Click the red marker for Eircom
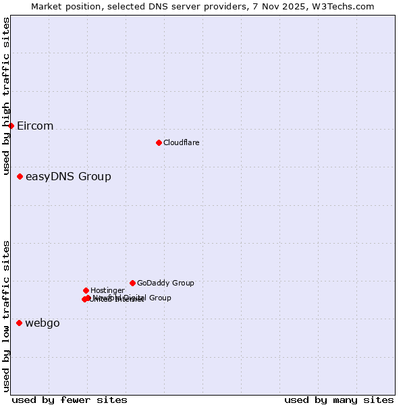(11, 126)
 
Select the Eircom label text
(35, 126)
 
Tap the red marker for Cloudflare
(159, 142)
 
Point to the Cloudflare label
(181, 143)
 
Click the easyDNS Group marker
(20, 176)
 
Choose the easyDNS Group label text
(68, 177)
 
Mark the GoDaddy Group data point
(132, 283)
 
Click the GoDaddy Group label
(165, 283)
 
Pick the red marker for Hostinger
(86, 290)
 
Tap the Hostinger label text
(107, 291)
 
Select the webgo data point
(19, 323)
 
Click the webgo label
(43, 323)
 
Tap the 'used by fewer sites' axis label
(70, 400)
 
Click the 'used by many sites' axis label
(339, 400)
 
